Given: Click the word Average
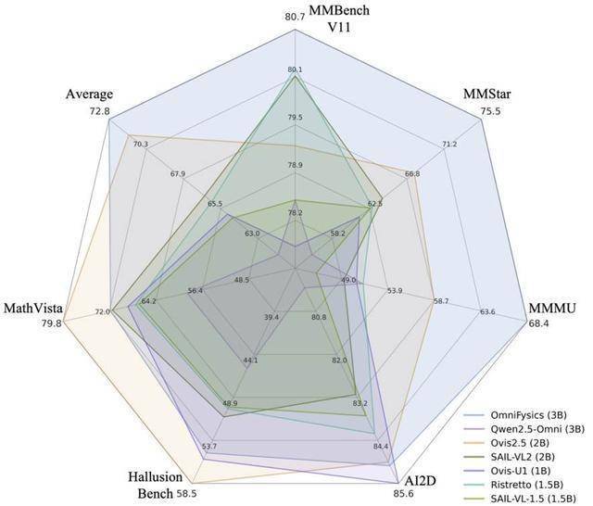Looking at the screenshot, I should pyautogui.click(x=89, y=95).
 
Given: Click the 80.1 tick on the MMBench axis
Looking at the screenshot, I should pyautogui.click(x=295, y=70).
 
